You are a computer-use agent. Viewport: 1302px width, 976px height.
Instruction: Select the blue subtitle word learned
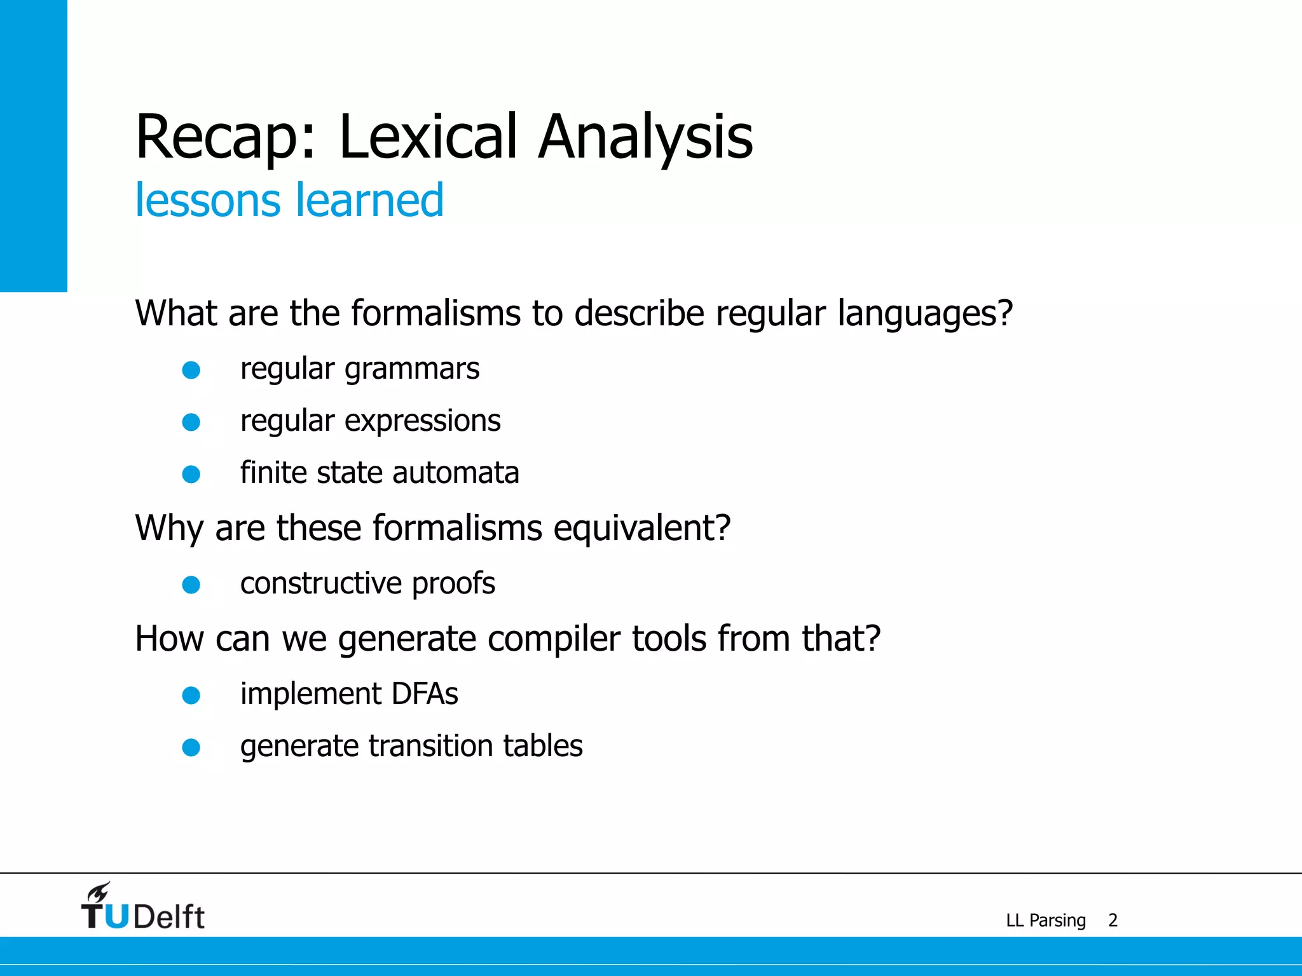[369, 200]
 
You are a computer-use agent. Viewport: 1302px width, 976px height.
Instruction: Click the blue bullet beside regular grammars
[191, 370]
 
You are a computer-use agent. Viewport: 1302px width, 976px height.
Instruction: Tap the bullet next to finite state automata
[191, 474]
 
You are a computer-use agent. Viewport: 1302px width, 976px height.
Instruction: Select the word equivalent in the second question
[641, 528]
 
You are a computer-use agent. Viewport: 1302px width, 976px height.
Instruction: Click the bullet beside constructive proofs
[191, 585]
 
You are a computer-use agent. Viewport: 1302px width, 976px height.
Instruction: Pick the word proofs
[453, 584]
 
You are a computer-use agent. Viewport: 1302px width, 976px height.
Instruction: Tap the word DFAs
[425, 694]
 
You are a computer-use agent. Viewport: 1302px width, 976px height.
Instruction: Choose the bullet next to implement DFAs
[191, 696]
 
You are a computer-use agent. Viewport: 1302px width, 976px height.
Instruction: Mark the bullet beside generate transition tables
[191, 748]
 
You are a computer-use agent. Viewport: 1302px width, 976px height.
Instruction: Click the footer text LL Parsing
[1046, 921]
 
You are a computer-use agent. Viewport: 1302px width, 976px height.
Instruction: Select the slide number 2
[1113, 920]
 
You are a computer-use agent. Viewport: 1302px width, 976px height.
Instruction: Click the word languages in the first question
[924, 313]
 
